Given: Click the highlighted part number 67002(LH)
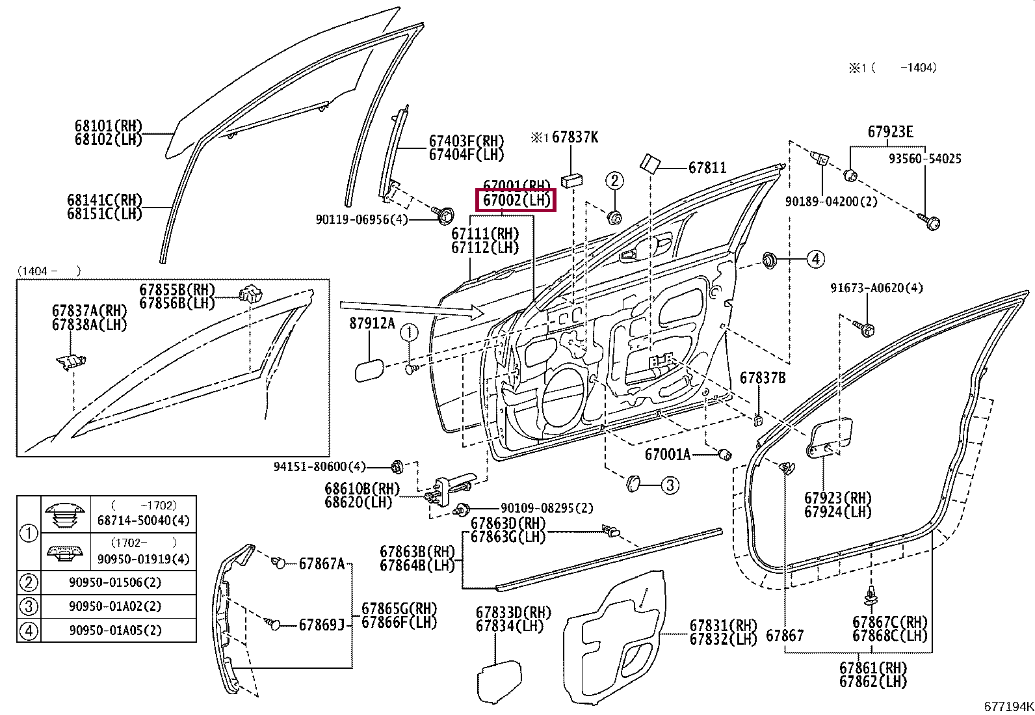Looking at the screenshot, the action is click(x=517, y=200).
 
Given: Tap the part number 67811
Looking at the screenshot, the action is click(x=707, y=167).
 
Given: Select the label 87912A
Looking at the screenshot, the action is click(x=372, y=323).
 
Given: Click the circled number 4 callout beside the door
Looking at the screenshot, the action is click(x=815, y=259).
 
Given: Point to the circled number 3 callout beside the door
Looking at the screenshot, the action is click(x=670, y=485).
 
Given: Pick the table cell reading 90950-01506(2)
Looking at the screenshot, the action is click(x=115, y=582).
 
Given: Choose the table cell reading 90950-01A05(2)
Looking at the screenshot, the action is click(x=115, y=630).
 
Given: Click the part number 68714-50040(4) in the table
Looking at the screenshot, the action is click(x=143, y=520).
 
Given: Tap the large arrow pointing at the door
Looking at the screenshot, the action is click(x=412, y=310).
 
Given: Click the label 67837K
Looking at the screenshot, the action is click(x=575, y=137).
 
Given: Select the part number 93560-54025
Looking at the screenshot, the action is click(x=925, y=159).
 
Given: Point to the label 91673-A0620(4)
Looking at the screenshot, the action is click(x=876, y=288).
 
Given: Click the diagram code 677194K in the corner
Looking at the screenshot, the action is click(x=1008, y=706).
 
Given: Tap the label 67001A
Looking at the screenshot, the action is click(x=668, y=455).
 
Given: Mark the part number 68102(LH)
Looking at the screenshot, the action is click(x=109, y=139).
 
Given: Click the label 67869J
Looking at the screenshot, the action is click(x=322, y=625).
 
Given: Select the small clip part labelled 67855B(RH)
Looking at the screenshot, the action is click(x=250, y=293).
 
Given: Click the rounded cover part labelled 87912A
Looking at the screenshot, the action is click(x=369, y=371).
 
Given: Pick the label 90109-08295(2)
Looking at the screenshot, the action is click(x=547, y=508).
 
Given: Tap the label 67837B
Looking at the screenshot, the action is click(x=763, y=378).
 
